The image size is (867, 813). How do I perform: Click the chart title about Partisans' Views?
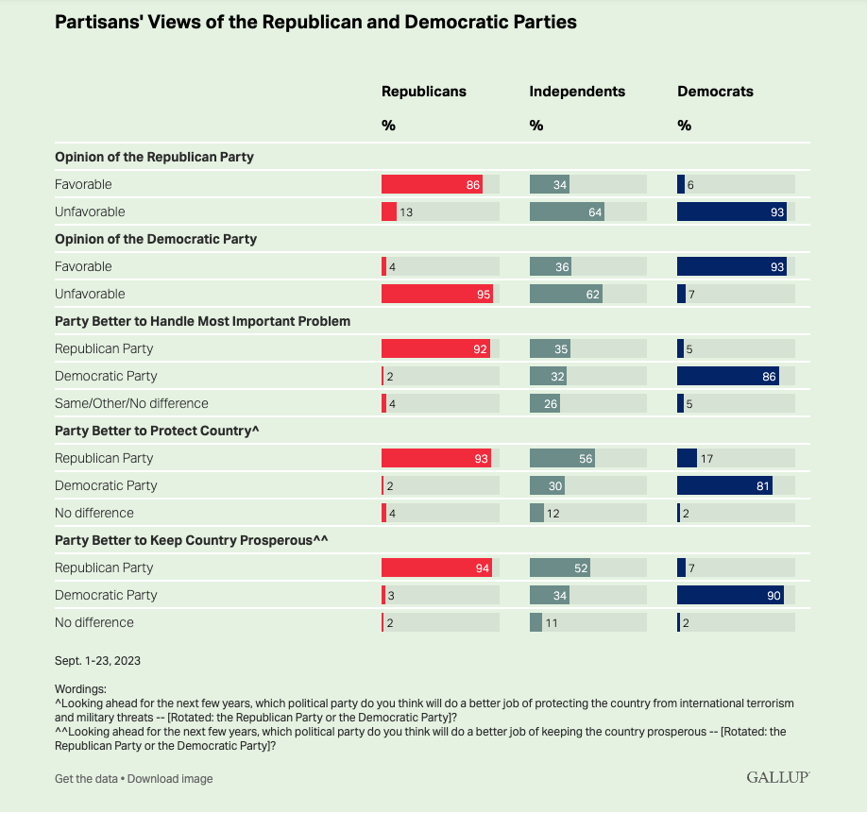[315, 22]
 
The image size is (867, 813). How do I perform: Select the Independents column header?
[577, 92]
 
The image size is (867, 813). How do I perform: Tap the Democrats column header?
[715, 92]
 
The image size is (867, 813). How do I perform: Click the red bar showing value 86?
[432, 184]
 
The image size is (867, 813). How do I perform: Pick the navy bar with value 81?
[724, 485]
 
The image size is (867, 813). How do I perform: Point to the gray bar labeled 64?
[567, 212]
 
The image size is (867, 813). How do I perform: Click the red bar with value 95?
[436, 294]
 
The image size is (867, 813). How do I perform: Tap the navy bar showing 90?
[730, 595]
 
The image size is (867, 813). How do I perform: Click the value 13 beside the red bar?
[406, 212]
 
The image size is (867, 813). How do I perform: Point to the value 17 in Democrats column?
[706, 458]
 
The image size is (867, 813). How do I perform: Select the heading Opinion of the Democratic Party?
[156, 239]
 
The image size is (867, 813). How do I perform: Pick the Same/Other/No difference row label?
[131, 403]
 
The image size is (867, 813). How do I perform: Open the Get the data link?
[85, 779]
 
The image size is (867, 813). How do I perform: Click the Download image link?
[170, 779]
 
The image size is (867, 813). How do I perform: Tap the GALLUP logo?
[777, 777]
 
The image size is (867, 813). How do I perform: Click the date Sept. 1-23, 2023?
[98, 660]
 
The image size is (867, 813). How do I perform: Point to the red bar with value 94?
[436, 567]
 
